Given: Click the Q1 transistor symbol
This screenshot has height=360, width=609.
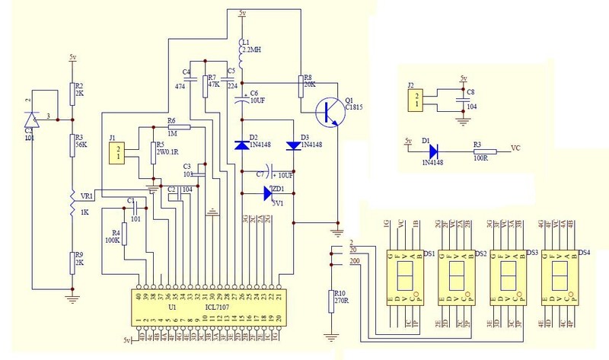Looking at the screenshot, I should point(330,111).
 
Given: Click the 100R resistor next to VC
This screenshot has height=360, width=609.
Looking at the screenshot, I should point(485,151).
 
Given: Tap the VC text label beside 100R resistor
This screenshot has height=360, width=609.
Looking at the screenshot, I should point(515,148).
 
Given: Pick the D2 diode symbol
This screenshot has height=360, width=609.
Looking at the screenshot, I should point(241,144).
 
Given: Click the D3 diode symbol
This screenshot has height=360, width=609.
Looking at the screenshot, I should point(294,145).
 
